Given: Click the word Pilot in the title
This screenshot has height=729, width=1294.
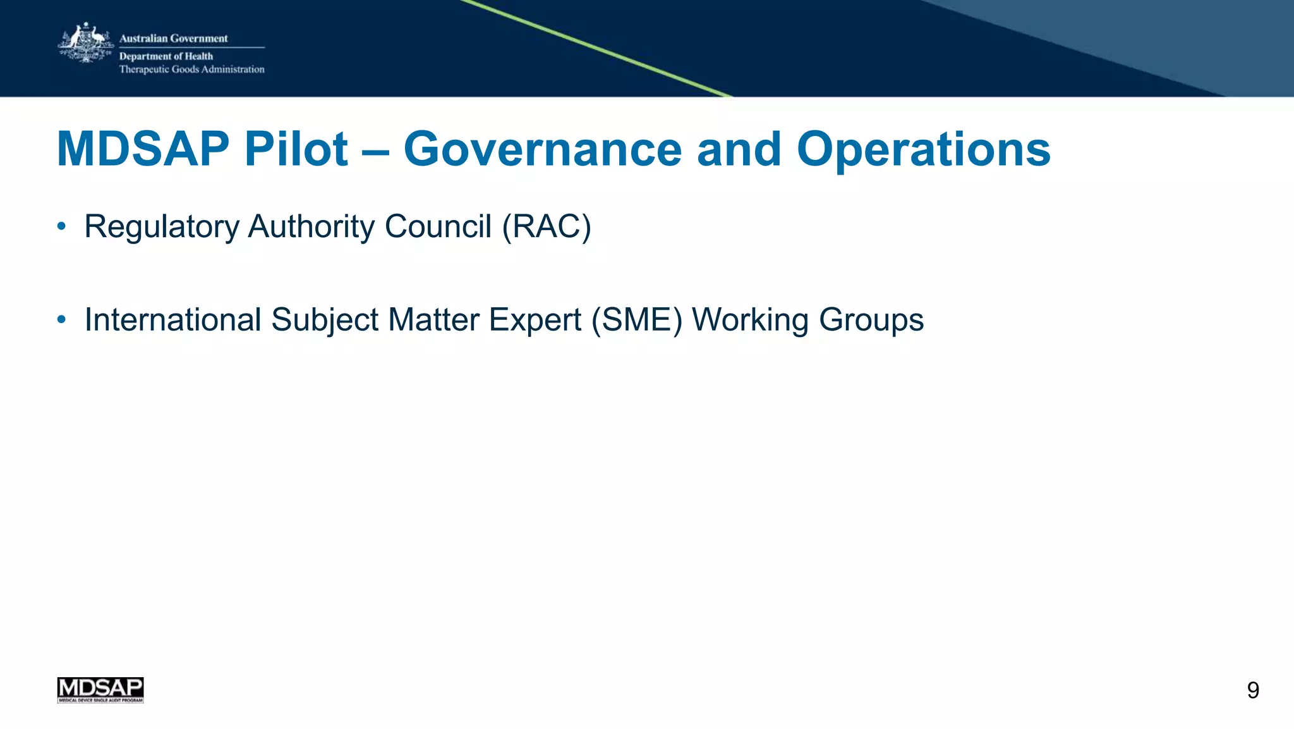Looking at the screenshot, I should pyautogui.click(x=296, y=150).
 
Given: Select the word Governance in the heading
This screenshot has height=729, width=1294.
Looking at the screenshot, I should pyautogui.click(x=542, y=150).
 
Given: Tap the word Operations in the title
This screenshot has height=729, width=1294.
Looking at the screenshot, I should pyautogui.click(x=923, y=150).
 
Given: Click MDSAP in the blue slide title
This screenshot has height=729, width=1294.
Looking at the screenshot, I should pyautogui.click(x=143, y=150).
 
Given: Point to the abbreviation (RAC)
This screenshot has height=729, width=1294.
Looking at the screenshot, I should pyautogui.click(x=547, y=226).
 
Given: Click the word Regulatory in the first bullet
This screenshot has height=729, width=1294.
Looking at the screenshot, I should pyautogui.click(x=162, y=226).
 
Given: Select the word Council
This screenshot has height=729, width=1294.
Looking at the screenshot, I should pyautogui.click(x=438, y=226).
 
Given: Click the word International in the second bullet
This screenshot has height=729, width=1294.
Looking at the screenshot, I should pyautogui.click(x=172, y=320).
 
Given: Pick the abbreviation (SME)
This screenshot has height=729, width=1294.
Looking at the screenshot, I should pyautogui.click(x=637, y=320).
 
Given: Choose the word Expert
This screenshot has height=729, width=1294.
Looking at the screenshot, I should pyautogui.click(x=535, y=320).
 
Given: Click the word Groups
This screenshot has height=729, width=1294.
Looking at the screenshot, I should pyautogui.click(x=871, y=320).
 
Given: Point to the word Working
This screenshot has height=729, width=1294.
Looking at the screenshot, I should pyautogui.click(x=750, y=320).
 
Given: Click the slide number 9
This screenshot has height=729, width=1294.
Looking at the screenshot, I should pyautogui.click(x=1253, y=690).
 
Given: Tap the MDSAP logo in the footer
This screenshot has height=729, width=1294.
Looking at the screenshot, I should pyautogui.click(x=100, y=690).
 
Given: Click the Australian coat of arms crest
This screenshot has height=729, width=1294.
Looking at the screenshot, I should pyautogui.click(x=85, y=43).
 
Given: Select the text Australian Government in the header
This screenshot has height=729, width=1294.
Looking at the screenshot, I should pyautogui.click(x=174, y=39).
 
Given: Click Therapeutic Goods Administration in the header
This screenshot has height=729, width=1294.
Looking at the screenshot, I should pyautogui.click(x=192, y=70).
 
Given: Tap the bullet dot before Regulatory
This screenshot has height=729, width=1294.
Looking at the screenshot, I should pyautogui.click(x=61, y=226).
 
